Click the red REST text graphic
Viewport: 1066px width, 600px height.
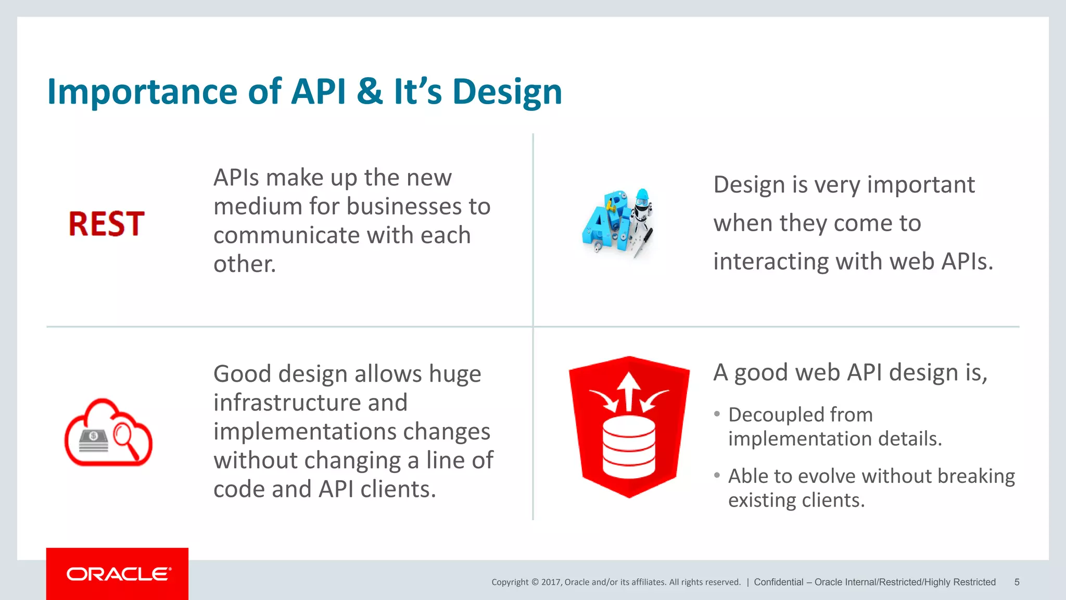(x=106, y=224)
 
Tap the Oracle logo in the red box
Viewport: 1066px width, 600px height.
(x=118, y=574)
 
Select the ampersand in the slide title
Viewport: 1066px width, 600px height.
(x=370, y=92)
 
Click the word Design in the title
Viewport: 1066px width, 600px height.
(x=507, y=92)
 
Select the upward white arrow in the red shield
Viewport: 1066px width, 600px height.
(x=629, y=391)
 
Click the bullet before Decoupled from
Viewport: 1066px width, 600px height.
(x=717, y=414)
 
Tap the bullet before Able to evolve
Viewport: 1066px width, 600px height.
(x=717, y=475)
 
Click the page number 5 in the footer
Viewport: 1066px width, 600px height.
(x=1017, y=582)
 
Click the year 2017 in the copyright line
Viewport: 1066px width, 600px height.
(x=550, y=582)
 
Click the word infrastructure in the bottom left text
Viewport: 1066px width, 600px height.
(x=310, y=403)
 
